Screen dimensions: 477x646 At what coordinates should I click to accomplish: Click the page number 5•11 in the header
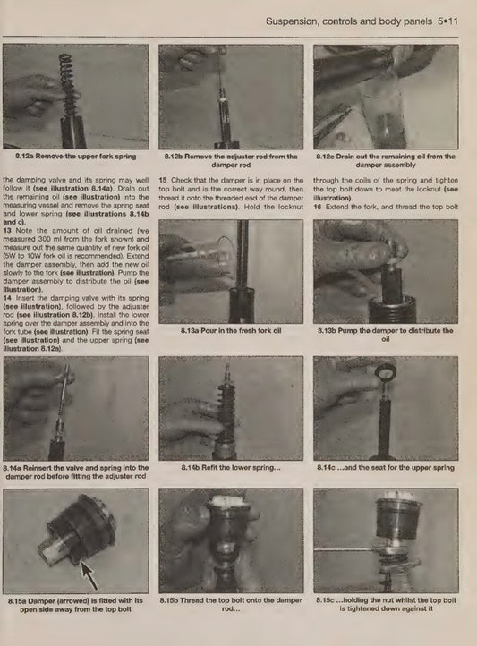click(447, 21)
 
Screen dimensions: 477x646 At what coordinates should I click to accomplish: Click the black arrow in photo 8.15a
click(89, 575)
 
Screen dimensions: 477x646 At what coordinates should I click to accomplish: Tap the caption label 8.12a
click(24, 157)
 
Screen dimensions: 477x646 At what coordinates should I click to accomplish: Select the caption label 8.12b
click(174, 157)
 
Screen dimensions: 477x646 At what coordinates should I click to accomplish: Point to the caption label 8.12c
click(325, 157)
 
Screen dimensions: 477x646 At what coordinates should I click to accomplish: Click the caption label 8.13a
click(190, 330)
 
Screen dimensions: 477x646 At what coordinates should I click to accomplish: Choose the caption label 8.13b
click(327, 330)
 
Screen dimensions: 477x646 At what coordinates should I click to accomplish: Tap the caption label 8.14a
click(13, 468)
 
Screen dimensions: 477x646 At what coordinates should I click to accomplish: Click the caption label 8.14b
click(191, 468)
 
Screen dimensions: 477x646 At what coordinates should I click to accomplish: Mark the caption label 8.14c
click(326, 468)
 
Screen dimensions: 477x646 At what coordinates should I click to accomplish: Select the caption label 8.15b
click(169, 600)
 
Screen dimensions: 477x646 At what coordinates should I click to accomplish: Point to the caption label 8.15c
click(325, 600)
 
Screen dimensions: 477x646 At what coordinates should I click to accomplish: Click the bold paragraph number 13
click(6, 231)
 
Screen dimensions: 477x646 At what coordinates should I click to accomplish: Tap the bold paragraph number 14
click(6, 298)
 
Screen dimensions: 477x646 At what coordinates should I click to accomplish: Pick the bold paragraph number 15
click(162, 180)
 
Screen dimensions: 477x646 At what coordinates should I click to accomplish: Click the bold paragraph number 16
click(317, 207)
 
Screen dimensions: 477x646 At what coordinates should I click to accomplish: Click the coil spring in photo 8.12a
click(68, 88)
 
